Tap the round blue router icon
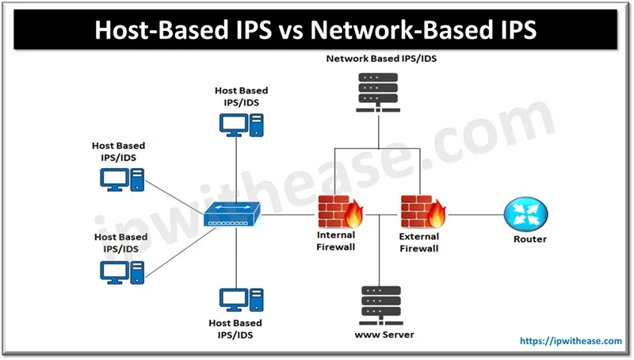[x=525, y=213]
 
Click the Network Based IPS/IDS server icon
[x=379, y=90]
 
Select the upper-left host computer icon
[x=121, y=178]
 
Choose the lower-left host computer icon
[x=121, y=270]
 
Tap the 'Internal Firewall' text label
[x=336, y=241]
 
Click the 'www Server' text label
[x=384, y=335]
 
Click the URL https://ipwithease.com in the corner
[x=571, y=341]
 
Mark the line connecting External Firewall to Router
[x=474, y=213]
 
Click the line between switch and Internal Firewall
[x=290, y=213]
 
